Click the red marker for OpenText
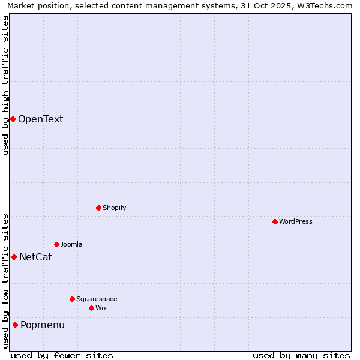coord(13,119)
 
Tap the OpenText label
coord(40,119)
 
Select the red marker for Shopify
coord(98,208)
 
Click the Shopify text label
coord(114,208)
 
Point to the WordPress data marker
coord(275,221)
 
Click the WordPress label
coord(295,221)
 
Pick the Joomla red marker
coord(56,244)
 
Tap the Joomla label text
coord(71,244)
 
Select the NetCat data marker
coord(14,257)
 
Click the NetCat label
coord(35,257)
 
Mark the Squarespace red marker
coord(72,299)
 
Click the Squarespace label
coord(97,299)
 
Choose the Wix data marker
coord(91,308)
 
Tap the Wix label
coord(101,308)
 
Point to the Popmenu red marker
coord(15,325)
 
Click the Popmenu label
coord(43,325)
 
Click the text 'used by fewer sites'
coord(62,355)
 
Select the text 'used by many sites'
coord(301,355)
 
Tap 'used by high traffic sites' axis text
coord(5,85)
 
